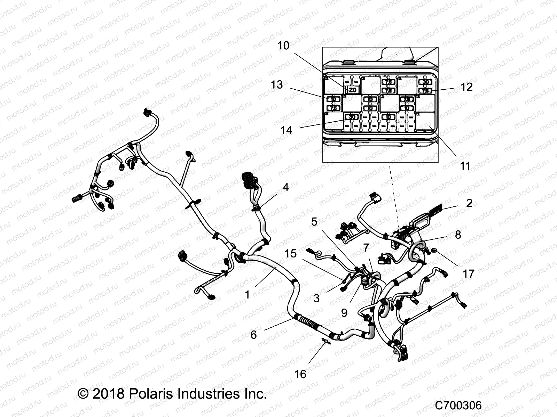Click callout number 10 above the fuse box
point(283,46)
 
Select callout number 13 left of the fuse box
point(277,85)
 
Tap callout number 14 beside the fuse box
point(287,130)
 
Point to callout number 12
point(466,87)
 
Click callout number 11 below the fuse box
point(465,166)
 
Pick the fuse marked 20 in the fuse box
point(352,90)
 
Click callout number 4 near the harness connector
point(286,188)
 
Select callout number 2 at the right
point(469,203)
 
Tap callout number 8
point(458,235)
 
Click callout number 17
point(468,274)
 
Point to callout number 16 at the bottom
point(300,374)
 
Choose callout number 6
point(253,335)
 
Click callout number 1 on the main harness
point(247,295)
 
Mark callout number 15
point(291,253)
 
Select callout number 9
point(344,313)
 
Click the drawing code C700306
point(458,406)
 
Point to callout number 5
point(314,221)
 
